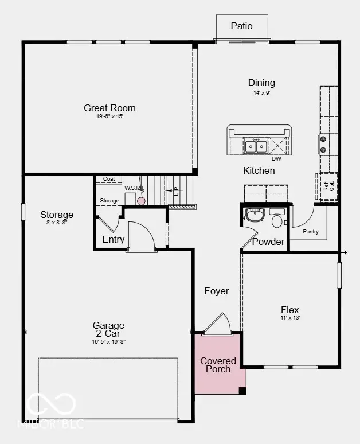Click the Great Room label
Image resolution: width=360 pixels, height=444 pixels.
coord(109,108)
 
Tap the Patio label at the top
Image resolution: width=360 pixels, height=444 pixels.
coord(241,26)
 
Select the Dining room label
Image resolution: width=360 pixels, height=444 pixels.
coord(261,83)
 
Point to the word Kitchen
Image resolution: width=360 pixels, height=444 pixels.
coord(259,170)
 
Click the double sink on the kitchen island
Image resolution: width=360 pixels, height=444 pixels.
coord(255,146)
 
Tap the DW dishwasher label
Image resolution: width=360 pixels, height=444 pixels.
coord(276,159)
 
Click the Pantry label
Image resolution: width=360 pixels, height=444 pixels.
coord(311,232)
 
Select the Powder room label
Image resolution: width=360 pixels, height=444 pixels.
coord(268,242)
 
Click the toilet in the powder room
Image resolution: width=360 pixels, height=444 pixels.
coord(277,220)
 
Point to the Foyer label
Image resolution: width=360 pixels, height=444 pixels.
coord(217,291)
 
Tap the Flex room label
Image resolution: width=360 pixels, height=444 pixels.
coord(290,310)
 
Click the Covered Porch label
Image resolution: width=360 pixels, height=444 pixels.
coord(218,365)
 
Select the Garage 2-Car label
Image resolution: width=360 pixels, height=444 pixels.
coord(109,329)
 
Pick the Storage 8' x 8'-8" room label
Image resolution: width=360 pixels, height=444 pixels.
coord(57,215)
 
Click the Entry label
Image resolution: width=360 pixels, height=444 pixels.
coord(113,239)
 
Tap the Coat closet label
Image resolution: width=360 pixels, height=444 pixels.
coord(109,180)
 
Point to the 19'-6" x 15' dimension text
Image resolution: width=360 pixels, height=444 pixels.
coord(109,116)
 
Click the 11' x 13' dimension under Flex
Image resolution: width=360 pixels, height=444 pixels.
coord(290,318)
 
